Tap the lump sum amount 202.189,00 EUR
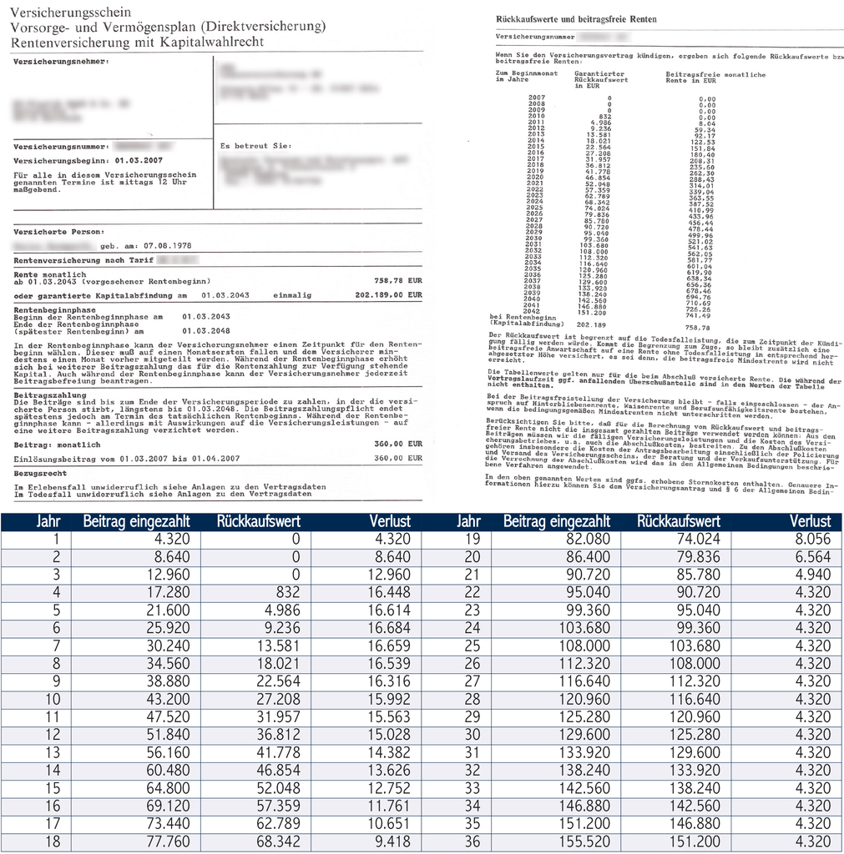(x=388, y=295)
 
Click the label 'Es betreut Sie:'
(x=248, y=145)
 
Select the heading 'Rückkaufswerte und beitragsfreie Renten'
(x=576, y=18)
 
